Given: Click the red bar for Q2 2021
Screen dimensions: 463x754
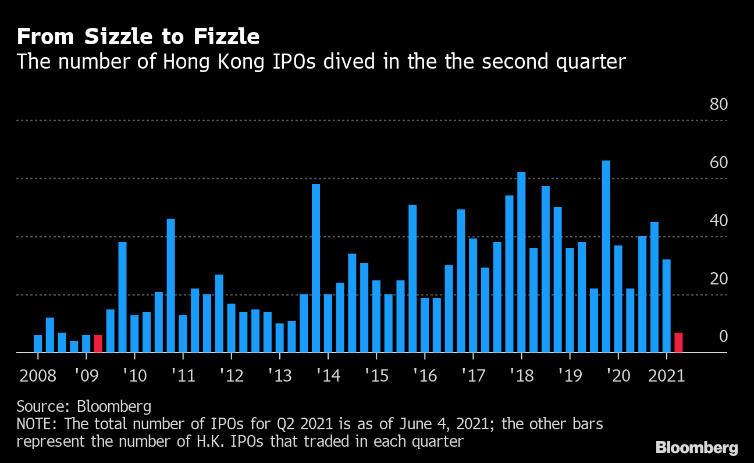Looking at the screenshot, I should click(x=678, y=343).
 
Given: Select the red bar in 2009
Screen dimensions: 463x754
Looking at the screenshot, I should click(x=98, y=344).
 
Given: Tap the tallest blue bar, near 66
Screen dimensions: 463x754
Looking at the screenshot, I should click(x=606, y=256).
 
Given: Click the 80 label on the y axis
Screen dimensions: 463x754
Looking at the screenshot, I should click(x=719, y=105).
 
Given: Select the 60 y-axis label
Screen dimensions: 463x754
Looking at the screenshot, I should click(x=719, y=163).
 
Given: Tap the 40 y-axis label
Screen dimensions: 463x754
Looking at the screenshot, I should click(x=719, y=221).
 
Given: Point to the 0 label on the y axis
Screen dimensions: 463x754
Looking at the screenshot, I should click(x=723, y=337).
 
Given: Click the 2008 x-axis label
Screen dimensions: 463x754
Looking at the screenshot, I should click(x=38, y=376).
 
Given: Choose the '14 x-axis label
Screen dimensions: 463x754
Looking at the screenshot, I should click(x=328, y=376).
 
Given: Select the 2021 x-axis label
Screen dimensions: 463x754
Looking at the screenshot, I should click(x=667, y=376).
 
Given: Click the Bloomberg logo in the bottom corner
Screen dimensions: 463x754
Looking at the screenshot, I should click(x=696, y=447).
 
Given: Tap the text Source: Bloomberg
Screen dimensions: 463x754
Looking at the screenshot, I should click(x=84, y=406).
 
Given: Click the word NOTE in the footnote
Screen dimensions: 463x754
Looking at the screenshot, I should click(x=37, y=423).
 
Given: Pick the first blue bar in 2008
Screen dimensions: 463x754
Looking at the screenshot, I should click(x=38, y=344).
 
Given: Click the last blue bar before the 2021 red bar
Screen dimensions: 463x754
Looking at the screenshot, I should click(x=666, y=306).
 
